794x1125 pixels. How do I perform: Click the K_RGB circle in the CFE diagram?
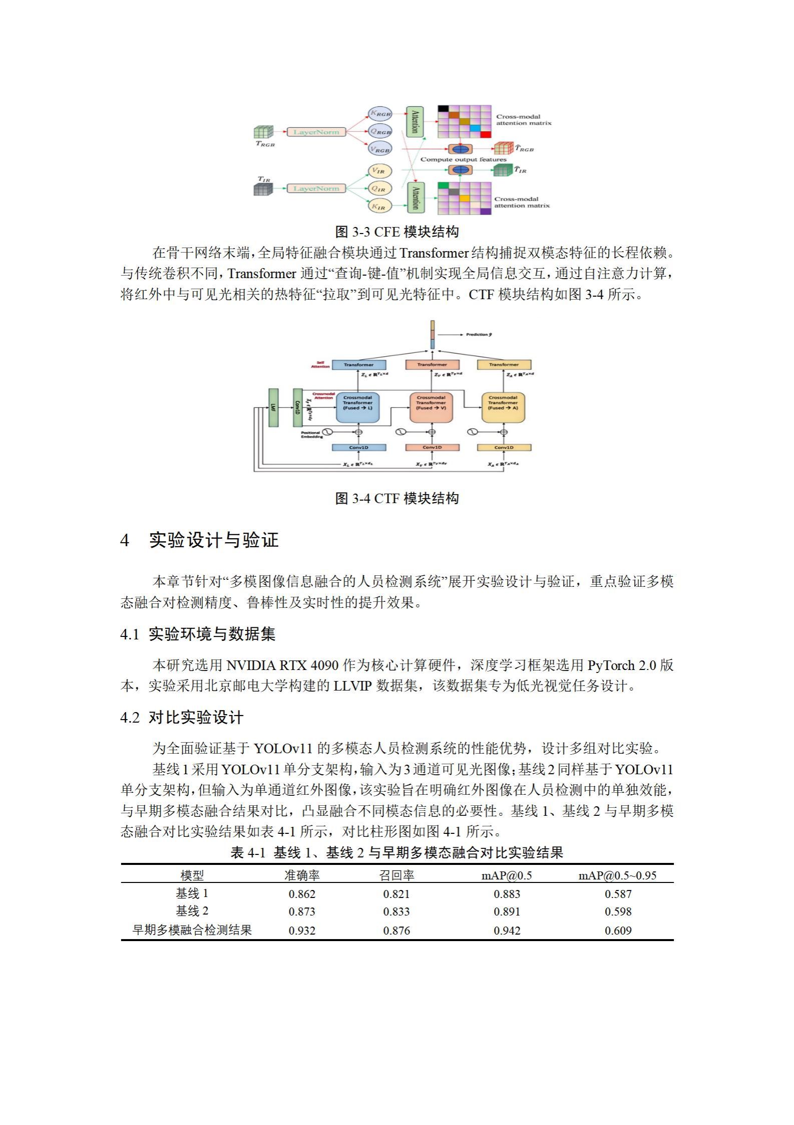coord(379,114)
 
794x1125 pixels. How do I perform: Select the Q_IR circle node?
coord(379,189)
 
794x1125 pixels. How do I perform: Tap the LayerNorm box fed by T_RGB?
coord(316,132)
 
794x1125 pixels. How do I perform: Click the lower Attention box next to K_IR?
coord(415,198)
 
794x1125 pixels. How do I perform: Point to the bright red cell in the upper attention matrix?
coord(485,134)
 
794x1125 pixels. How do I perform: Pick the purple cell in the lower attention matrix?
coord(485,211)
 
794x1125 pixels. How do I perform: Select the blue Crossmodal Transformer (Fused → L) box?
coord(358,407)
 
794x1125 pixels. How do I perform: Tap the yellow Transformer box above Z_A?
coord(504,365)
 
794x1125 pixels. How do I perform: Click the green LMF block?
coord(273,407)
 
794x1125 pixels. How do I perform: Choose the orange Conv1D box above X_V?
coord(432,447)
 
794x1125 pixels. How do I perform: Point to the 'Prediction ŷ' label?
coord(478,334)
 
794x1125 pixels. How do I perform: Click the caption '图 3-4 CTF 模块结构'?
coord(396,498)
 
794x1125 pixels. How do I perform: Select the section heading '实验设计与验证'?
coord(214,540)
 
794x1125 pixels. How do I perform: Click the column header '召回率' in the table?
coord(396,875)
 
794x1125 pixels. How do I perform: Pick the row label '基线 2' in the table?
coord(192,911)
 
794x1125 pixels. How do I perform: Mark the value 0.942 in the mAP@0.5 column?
coord(507,931)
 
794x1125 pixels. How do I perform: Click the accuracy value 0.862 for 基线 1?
coord(302,894)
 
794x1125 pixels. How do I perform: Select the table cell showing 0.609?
coord(618,931)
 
